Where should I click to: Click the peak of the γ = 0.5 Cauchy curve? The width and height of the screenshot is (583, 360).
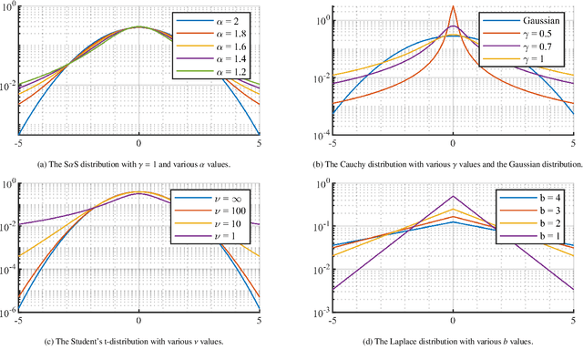point(453,6)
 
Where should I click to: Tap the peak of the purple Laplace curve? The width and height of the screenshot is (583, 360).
point(453,196)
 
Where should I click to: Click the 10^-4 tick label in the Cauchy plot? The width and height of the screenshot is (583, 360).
point(319,137)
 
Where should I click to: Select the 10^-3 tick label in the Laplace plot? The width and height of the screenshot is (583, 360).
point(319,313)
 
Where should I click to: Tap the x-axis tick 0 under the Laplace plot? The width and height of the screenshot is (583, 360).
point(453,322)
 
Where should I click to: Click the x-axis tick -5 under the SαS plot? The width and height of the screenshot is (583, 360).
point(19,144)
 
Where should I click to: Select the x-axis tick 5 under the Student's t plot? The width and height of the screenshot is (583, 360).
point(259,322)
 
